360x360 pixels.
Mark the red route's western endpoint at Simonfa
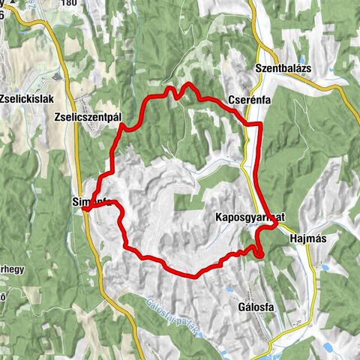pyautogui.click(x=85, y=211)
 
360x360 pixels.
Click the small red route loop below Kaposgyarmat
pyautogui.click(x=259, y=253)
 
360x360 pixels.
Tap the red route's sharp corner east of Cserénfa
pyautogui.click(x=259, y=123)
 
